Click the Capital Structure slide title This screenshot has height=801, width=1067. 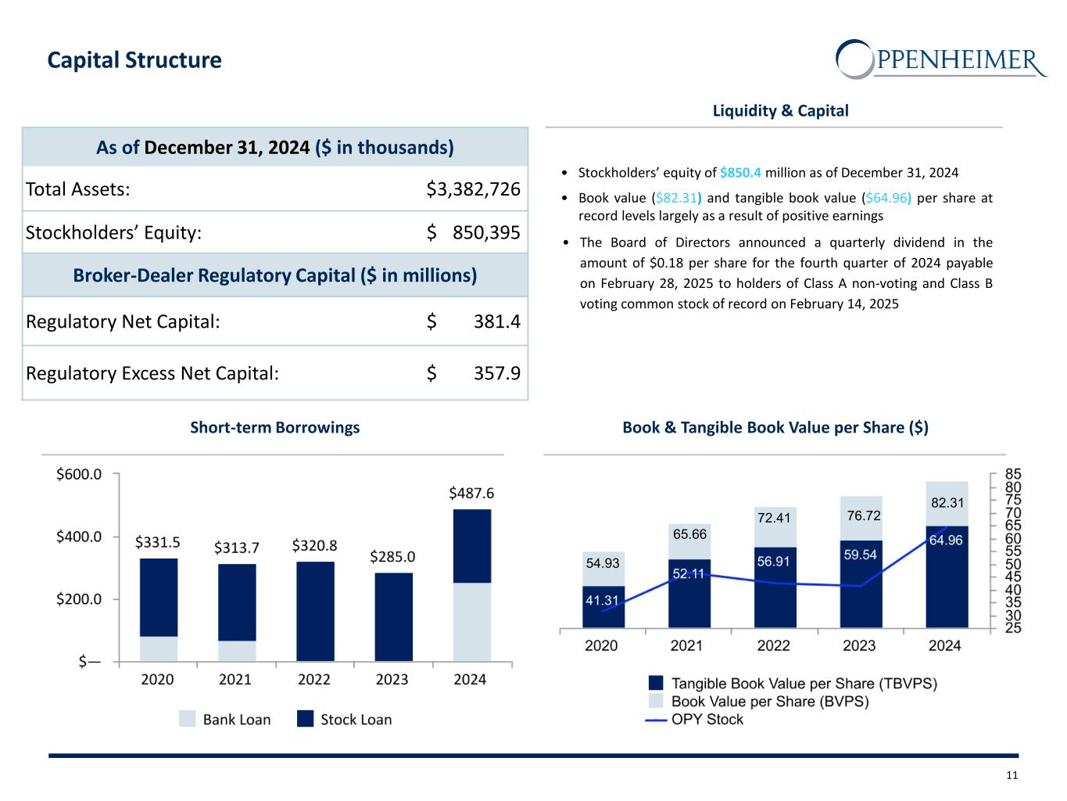[x=134, y=60]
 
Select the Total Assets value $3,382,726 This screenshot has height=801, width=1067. [x=473, y=189]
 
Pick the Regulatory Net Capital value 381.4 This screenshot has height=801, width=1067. [x=496, y=321]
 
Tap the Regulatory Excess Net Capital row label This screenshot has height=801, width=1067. [x=152, y=373]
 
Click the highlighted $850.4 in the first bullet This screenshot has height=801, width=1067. [x=739, y=173]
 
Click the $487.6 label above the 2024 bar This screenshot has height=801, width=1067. [x=471, y=494]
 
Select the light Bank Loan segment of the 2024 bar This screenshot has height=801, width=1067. [x=472, y=622]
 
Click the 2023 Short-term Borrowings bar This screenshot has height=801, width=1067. [x=393, y=616]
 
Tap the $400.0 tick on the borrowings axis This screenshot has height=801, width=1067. [x=79, y=537]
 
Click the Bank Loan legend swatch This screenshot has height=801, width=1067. [x=188, y=720]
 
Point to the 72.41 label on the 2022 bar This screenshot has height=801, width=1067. [x=774, y=518]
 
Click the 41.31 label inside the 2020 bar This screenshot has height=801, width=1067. [x=602, y=601]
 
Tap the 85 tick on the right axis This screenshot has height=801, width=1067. [x=1013, y=474]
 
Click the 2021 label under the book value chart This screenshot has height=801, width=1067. [x=686, y=646]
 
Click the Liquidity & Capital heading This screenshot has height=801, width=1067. [x=780, y=111]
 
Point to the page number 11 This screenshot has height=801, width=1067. [x=1012, y=776]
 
